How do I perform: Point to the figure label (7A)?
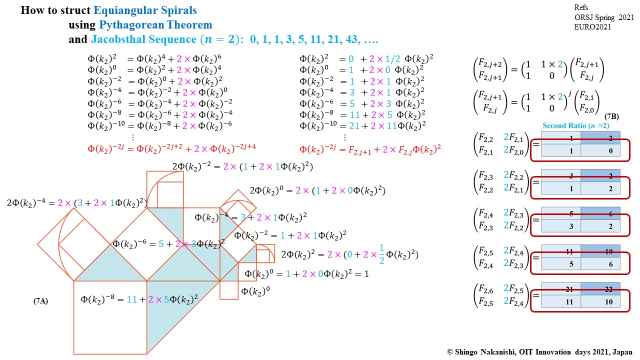point(40,301)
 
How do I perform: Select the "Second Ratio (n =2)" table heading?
point(575,125)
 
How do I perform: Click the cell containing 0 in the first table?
point(600,150)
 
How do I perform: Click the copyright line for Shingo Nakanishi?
point(540,351)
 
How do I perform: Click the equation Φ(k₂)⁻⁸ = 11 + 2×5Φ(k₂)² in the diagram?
point(139,299)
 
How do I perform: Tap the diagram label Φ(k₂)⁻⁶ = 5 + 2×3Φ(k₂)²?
point(168,244)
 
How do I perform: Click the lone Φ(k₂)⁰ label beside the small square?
point(252,291)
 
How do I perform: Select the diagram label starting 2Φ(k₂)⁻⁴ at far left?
point(77,202)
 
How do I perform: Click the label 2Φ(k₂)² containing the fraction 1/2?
point(349,254)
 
